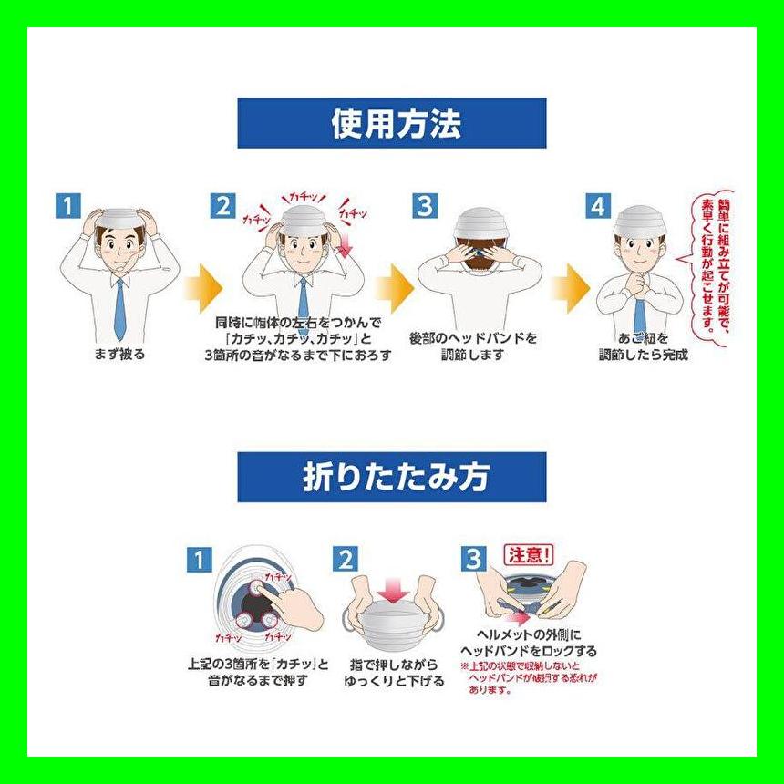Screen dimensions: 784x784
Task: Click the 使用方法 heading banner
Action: click(x=391, y=123)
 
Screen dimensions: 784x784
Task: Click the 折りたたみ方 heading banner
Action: click(x=391, y=477)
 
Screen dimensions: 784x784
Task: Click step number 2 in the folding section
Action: click(x=344, y=559)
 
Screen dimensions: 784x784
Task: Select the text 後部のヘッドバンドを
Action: click(x=473, y=337)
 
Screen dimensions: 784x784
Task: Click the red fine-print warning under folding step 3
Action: click(x=529, y=679)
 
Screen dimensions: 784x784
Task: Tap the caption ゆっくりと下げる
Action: click(x=394, y=681)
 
